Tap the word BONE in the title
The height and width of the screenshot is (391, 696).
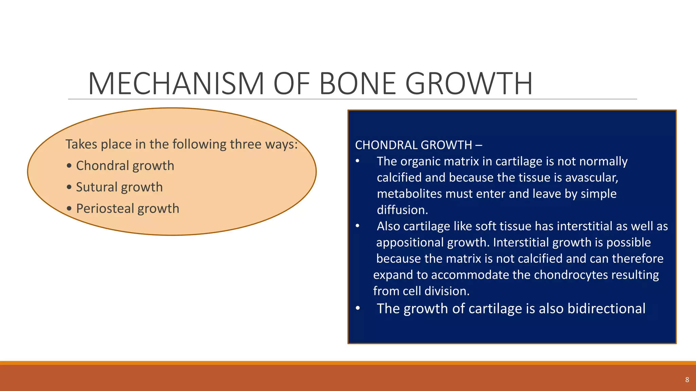(x=358, y=83)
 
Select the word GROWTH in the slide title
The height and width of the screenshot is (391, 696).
(x=469, y=83)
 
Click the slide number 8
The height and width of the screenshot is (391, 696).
(x=687, y=380)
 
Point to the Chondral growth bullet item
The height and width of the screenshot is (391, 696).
(x=125, y=166)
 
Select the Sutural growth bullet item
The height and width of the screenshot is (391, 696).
(x=119, y=187)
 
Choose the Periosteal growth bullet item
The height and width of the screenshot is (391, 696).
(x=127, y=208)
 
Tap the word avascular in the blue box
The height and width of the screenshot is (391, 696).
(x=591, y=178)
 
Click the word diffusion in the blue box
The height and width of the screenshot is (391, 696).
(x=402, y=210)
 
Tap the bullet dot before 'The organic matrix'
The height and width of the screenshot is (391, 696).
(x=358, y=161)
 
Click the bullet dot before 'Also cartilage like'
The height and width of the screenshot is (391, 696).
(x=358, y=226)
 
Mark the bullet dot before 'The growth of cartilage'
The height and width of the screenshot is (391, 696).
(x=358, y=309)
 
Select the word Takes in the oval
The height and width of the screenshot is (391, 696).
(x=81, y=144)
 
